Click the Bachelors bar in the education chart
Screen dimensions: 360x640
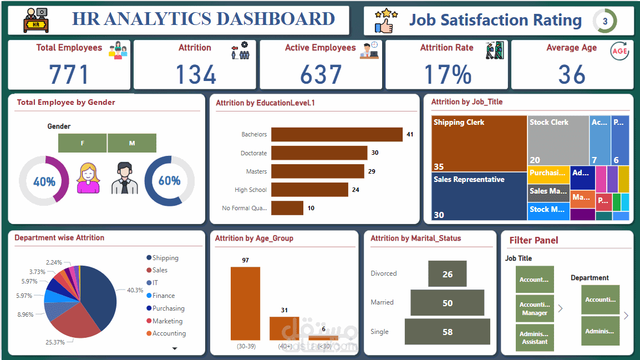pos(337,135)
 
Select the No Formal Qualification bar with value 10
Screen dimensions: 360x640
pos(287,208)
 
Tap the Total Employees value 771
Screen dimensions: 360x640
pos(69,74)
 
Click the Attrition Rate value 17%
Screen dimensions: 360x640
pos(448,74)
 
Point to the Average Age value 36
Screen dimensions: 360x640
pos(571,74)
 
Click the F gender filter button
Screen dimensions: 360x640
pos(83,143)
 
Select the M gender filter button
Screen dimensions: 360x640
pos(132,143)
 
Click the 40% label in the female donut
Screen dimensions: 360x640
pos(44,181)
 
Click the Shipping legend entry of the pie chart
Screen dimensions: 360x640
pos(165,258)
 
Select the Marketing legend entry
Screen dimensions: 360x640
pos(167,321)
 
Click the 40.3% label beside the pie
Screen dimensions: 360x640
pos(135,290)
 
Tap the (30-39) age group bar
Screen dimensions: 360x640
pos(245,303)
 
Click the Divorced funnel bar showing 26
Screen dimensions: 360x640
pos(448,274)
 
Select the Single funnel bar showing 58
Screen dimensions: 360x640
pos(448,332)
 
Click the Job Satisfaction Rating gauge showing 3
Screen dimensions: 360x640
pos(605,22)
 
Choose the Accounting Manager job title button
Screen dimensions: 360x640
pos(535,308)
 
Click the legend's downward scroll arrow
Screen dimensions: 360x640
pos(175,348)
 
